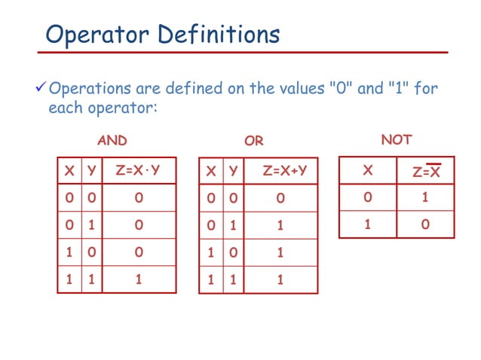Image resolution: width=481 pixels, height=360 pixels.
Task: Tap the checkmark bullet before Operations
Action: [x=42, y=90]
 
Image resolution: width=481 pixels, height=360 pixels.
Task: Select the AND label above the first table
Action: [x=112, y=141]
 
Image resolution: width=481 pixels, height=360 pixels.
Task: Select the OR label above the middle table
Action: [x=254, y=141]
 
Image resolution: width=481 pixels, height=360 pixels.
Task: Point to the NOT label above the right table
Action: [x=397, y=139]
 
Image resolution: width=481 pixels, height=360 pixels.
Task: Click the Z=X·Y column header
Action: [x=138, y=171]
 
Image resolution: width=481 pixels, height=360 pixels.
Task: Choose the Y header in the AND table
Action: [x=92, y=171]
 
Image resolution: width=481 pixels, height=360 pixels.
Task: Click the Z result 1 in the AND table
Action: [x=139, y=279]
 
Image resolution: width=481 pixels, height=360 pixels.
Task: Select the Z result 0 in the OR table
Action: [x=280, y=200]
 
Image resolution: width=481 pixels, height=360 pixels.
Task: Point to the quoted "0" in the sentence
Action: [x=342, y=90]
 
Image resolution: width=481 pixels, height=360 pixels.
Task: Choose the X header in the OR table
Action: [x=210, y=171]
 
